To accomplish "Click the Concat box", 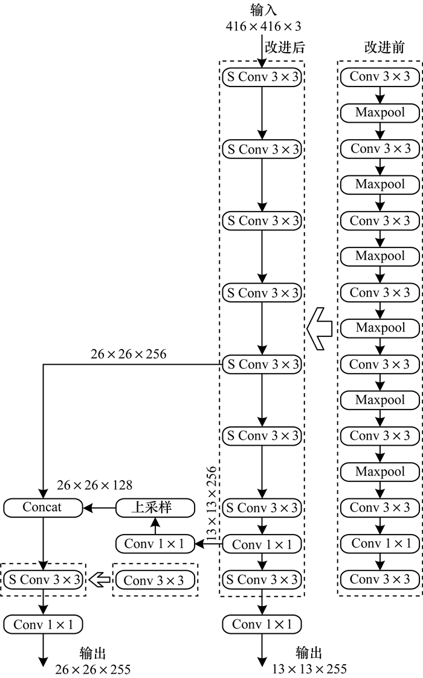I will tap(42, 507).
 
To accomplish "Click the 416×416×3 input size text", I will tap(263, 26).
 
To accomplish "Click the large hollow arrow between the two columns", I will tap(319, 327).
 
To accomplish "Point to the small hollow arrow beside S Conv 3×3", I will tap(99, 580).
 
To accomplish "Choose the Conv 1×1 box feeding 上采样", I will tap(155, 544).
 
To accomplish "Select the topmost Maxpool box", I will tap(380, 112).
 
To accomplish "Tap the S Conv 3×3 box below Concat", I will tap(44, 580).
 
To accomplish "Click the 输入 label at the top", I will tap(263, 10).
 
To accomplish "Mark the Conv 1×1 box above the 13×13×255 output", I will tap(262, 624).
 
